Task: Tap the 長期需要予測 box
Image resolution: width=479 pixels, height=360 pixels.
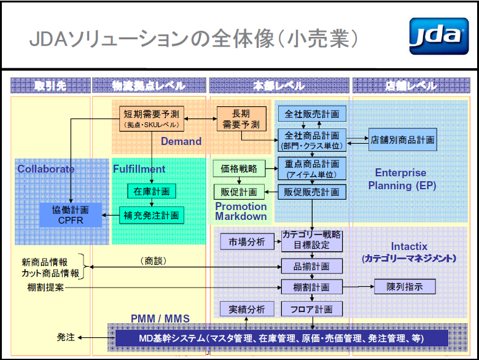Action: [x=241, y=118]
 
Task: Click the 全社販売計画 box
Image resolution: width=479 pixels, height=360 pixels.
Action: [x=312, y=114]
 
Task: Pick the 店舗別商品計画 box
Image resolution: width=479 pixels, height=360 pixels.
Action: [x=402, y=140]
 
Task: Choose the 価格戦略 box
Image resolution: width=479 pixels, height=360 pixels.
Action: [x=239, y=167]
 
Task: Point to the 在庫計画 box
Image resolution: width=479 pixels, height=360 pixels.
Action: [x=151, y=191]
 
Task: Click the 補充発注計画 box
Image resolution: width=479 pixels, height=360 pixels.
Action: [x=151, y=216]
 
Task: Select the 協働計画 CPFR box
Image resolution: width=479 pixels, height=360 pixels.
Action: [x=70, y=214]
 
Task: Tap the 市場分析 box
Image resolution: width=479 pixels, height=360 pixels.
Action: [x=243, y=242]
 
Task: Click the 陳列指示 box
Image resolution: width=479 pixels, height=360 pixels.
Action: [x=405, y=286]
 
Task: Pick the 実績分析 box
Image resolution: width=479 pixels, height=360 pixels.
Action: [x=243, y=308]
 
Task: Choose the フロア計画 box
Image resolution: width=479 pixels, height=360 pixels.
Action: [x=312, y=308]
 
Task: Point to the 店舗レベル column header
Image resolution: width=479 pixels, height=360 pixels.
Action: [x=411, y=86]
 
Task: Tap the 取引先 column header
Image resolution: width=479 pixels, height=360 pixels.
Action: [x=50, y=86]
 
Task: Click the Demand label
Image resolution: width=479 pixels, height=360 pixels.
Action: [x=181, y=141]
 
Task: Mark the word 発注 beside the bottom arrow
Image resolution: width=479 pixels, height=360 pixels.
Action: [x=66, y=337]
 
